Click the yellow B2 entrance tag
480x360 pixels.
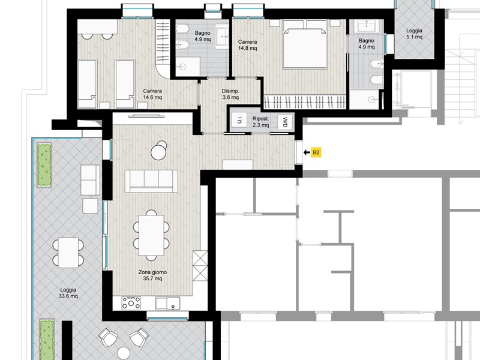[316, 152]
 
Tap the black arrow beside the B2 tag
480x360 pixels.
[307, 152]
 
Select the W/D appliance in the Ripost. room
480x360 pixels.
[284, 122]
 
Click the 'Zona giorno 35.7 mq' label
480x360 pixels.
[153, 275]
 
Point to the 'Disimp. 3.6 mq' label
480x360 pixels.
[230, 94]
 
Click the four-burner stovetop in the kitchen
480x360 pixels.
[131, 303]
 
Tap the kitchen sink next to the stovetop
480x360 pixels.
[167, 304]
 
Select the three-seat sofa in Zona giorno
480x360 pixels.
[151, 181]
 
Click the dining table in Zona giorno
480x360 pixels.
[151, 235]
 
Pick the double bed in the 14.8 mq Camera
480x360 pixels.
[304, 44]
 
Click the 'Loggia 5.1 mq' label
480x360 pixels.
[414, 34]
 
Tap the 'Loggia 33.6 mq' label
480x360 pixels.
[68, 293]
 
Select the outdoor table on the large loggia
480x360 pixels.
[68, 253]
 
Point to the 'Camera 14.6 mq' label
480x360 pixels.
[152, 94]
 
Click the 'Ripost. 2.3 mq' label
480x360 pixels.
[261, 122]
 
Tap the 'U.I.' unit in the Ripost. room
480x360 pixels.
[239, 121]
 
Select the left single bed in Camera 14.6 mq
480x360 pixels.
[87, 84]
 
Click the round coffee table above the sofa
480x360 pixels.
[159, 152]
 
